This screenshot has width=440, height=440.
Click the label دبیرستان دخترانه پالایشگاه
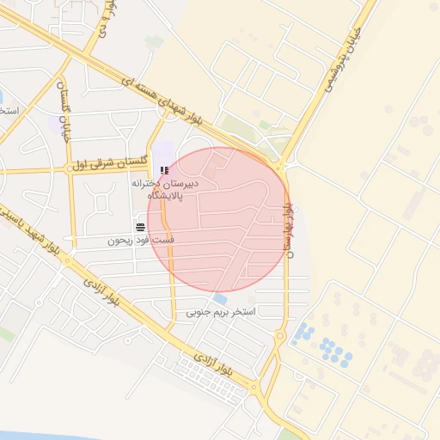(x=166, y=190)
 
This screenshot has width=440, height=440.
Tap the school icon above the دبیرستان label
(x=164, y=171)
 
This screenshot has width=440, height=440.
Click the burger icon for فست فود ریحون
(x=140, y=226)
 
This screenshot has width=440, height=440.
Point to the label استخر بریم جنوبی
(x=222, y=313)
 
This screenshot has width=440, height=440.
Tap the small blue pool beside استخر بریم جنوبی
(x=221, y=299)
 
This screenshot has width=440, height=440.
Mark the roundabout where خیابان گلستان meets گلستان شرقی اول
(x=67, y=168)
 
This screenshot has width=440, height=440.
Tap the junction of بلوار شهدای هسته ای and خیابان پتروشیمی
(x=282, y=161)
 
